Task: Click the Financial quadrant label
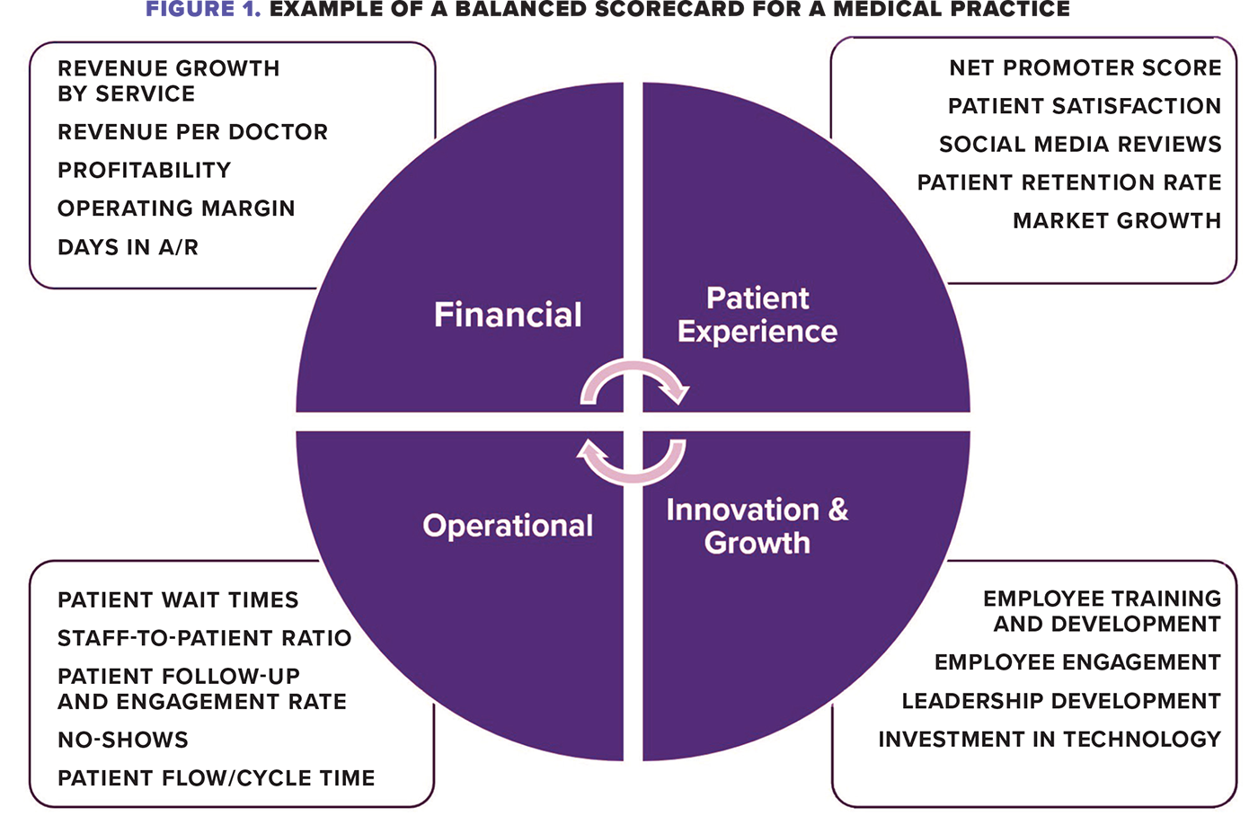tap(508, 315)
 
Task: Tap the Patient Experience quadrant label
tap(757, 315)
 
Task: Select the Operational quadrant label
tap(508, 526)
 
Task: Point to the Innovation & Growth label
tap(757, 527)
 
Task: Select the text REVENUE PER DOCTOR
tap(192, 132)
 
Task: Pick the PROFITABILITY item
tap(144, 171)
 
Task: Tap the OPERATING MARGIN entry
tap(176, 208)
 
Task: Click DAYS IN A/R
tap(128, 247)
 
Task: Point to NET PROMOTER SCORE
tap(1085, 68)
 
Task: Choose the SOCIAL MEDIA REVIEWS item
tap(1080, 145)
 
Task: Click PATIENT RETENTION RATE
tap(1069, 182)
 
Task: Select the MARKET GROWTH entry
tap(1117, 221)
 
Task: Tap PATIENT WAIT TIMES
tap(178, 600)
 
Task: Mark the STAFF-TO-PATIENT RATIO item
tap(204, 638)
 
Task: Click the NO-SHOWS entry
tap(123, 740)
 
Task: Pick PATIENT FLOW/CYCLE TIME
tap(216, 778)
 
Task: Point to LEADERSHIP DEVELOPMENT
tap(1061, 701)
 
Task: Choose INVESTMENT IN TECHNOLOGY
tap(1050, 740)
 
